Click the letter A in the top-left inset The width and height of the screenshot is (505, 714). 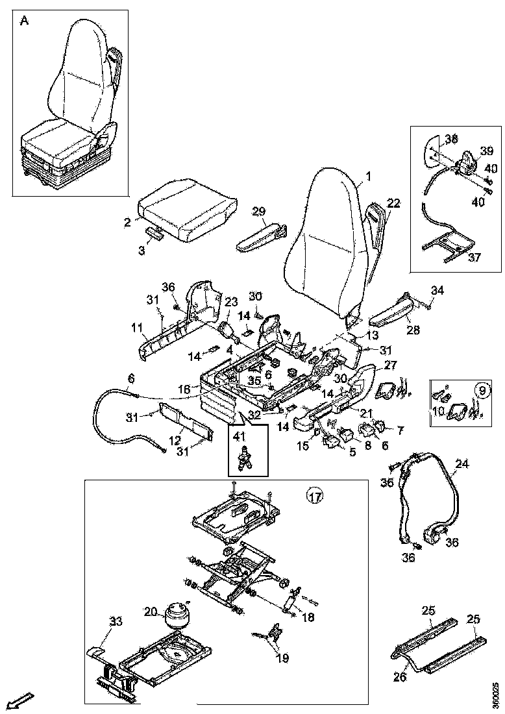24,20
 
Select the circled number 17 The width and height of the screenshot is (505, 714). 315,497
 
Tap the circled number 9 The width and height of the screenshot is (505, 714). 482,391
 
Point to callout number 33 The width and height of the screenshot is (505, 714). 115,621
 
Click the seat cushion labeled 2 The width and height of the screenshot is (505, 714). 186,209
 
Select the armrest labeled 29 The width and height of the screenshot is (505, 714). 260,235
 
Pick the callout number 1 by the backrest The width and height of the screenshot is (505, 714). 368,176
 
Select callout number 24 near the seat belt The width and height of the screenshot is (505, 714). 462,464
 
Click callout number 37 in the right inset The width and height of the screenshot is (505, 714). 474,257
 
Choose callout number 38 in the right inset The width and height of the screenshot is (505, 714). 451,138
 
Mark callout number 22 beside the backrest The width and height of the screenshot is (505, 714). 394,203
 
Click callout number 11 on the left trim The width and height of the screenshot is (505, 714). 137,328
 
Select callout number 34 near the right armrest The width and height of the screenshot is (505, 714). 437,289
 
